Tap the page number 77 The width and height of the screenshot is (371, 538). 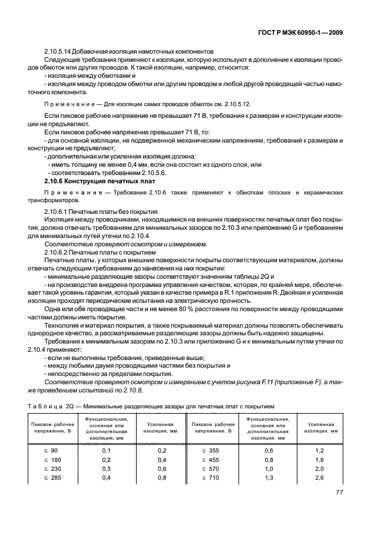(339, 492)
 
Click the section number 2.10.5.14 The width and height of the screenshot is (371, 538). (61, 52)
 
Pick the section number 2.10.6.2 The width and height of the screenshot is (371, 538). (58, 252)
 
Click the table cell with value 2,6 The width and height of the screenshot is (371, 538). (320, 477)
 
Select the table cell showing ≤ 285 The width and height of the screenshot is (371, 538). (50, 477)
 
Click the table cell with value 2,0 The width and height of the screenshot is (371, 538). (320, 468)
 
